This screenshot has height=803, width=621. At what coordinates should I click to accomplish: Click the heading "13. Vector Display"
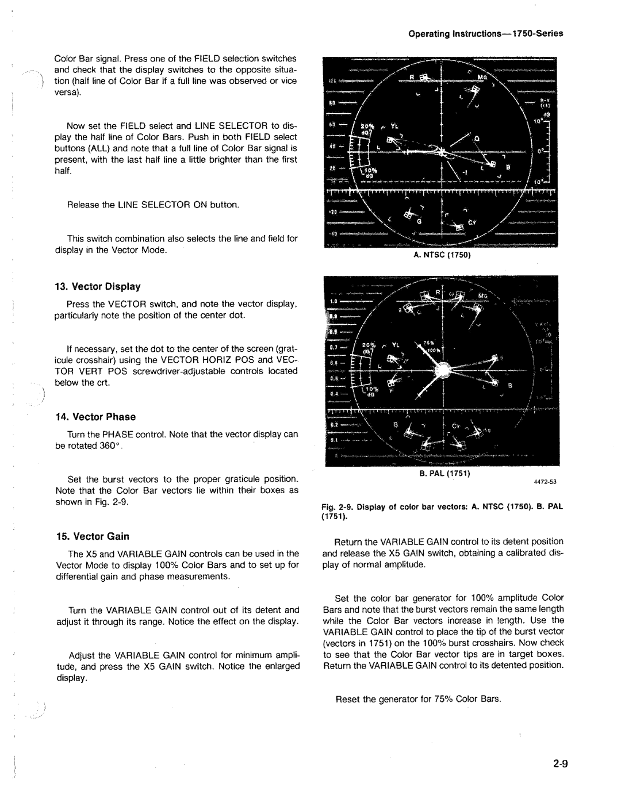98,286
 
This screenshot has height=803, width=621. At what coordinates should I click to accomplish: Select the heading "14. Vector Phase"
95,417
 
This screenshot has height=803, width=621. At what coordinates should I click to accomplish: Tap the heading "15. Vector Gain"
92,536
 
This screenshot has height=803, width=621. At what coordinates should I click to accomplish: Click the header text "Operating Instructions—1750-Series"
486,33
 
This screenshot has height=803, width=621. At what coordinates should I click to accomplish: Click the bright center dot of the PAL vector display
442,371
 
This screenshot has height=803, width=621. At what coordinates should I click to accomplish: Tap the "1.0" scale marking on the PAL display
333,300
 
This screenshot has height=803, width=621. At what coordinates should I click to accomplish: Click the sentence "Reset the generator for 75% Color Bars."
418,699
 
